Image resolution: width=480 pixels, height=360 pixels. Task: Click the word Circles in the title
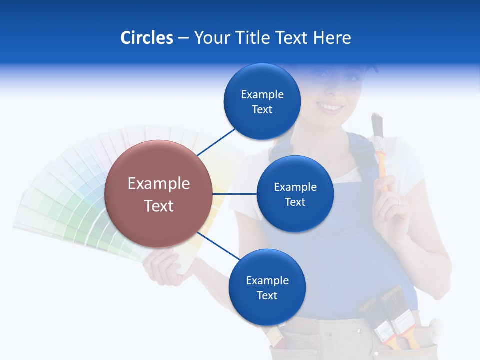[x=146, y=38]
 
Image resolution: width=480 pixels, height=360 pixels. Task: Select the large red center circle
[x=158, y=194]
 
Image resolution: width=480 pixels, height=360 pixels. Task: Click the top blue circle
[x=262, y=102]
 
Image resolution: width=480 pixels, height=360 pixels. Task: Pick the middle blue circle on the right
[x=295, y=194]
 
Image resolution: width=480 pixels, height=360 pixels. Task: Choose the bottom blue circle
[x=266, y=287]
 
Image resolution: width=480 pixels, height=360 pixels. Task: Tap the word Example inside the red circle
[x=159, y=183]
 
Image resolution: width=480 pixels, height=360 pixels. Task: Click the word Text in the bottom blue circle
[x=267, y=295]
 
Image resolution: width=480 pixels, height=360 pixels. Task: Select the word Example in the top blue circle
[x=262, y=94]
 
